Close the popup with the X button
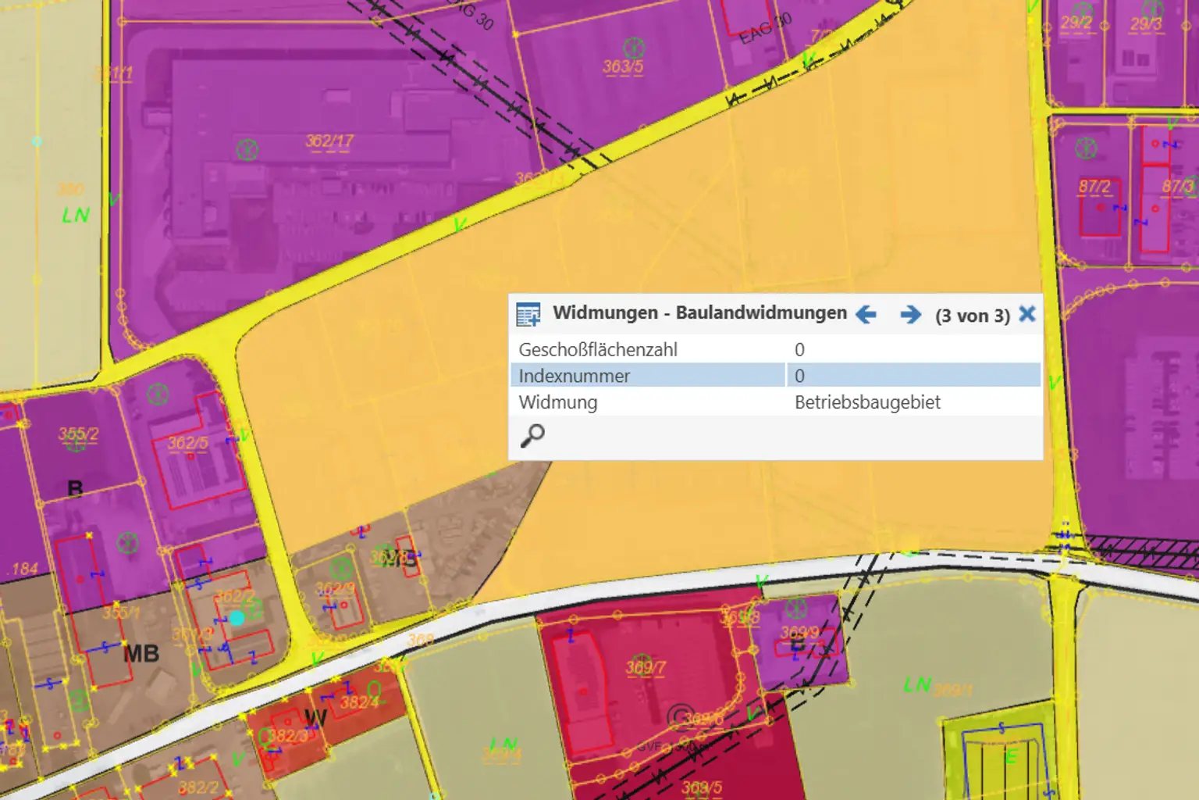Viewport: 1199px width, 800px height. [x=1027, y=314]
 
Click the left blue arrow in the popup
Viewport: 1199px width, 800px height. [x=866, y=315]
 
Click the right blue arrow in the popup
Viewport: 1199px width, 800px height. [x=910, y=315]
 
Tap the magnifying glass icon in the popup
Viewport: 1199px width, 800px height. [x=532, y=435]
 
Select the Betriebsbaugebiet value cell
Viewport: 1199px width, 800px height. [x=867, y=402]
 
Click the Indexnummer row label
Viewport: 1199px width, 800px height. [x=574, y=376]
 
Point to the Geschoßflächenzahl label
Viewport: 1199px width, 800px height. [x=598, y=349]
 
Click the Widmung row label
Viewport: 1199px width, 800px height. [x=558, y=402]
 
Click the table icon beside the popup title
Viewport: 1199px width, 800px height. [x=528, y=314]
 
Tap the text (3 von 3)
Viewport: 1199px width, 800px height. [x=973, y=316]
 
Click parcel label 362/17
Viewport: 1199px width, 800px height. [x=329, y=141]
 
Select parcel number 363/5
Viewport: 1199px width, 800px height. [x=623, y=66]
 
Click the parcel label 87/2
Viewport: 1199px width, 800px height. [x=1094, y=187]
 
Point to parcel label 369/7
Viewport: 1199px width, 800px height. [x=646, y=668]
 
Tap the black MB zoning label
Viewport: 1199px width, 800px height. [x=141, y=653]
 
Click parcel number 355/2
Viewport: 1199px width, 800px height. [x=78, y=434]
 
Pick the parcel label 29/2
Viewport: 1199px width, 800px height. [x=1076, y=23]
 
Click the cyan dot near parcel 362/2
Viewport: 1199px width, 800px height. [x=237, y=618]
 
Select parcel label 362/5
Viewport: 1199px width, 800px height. [x=188, y=443]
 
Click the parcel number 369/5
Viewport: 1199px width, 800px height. [x=702, y=787]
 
